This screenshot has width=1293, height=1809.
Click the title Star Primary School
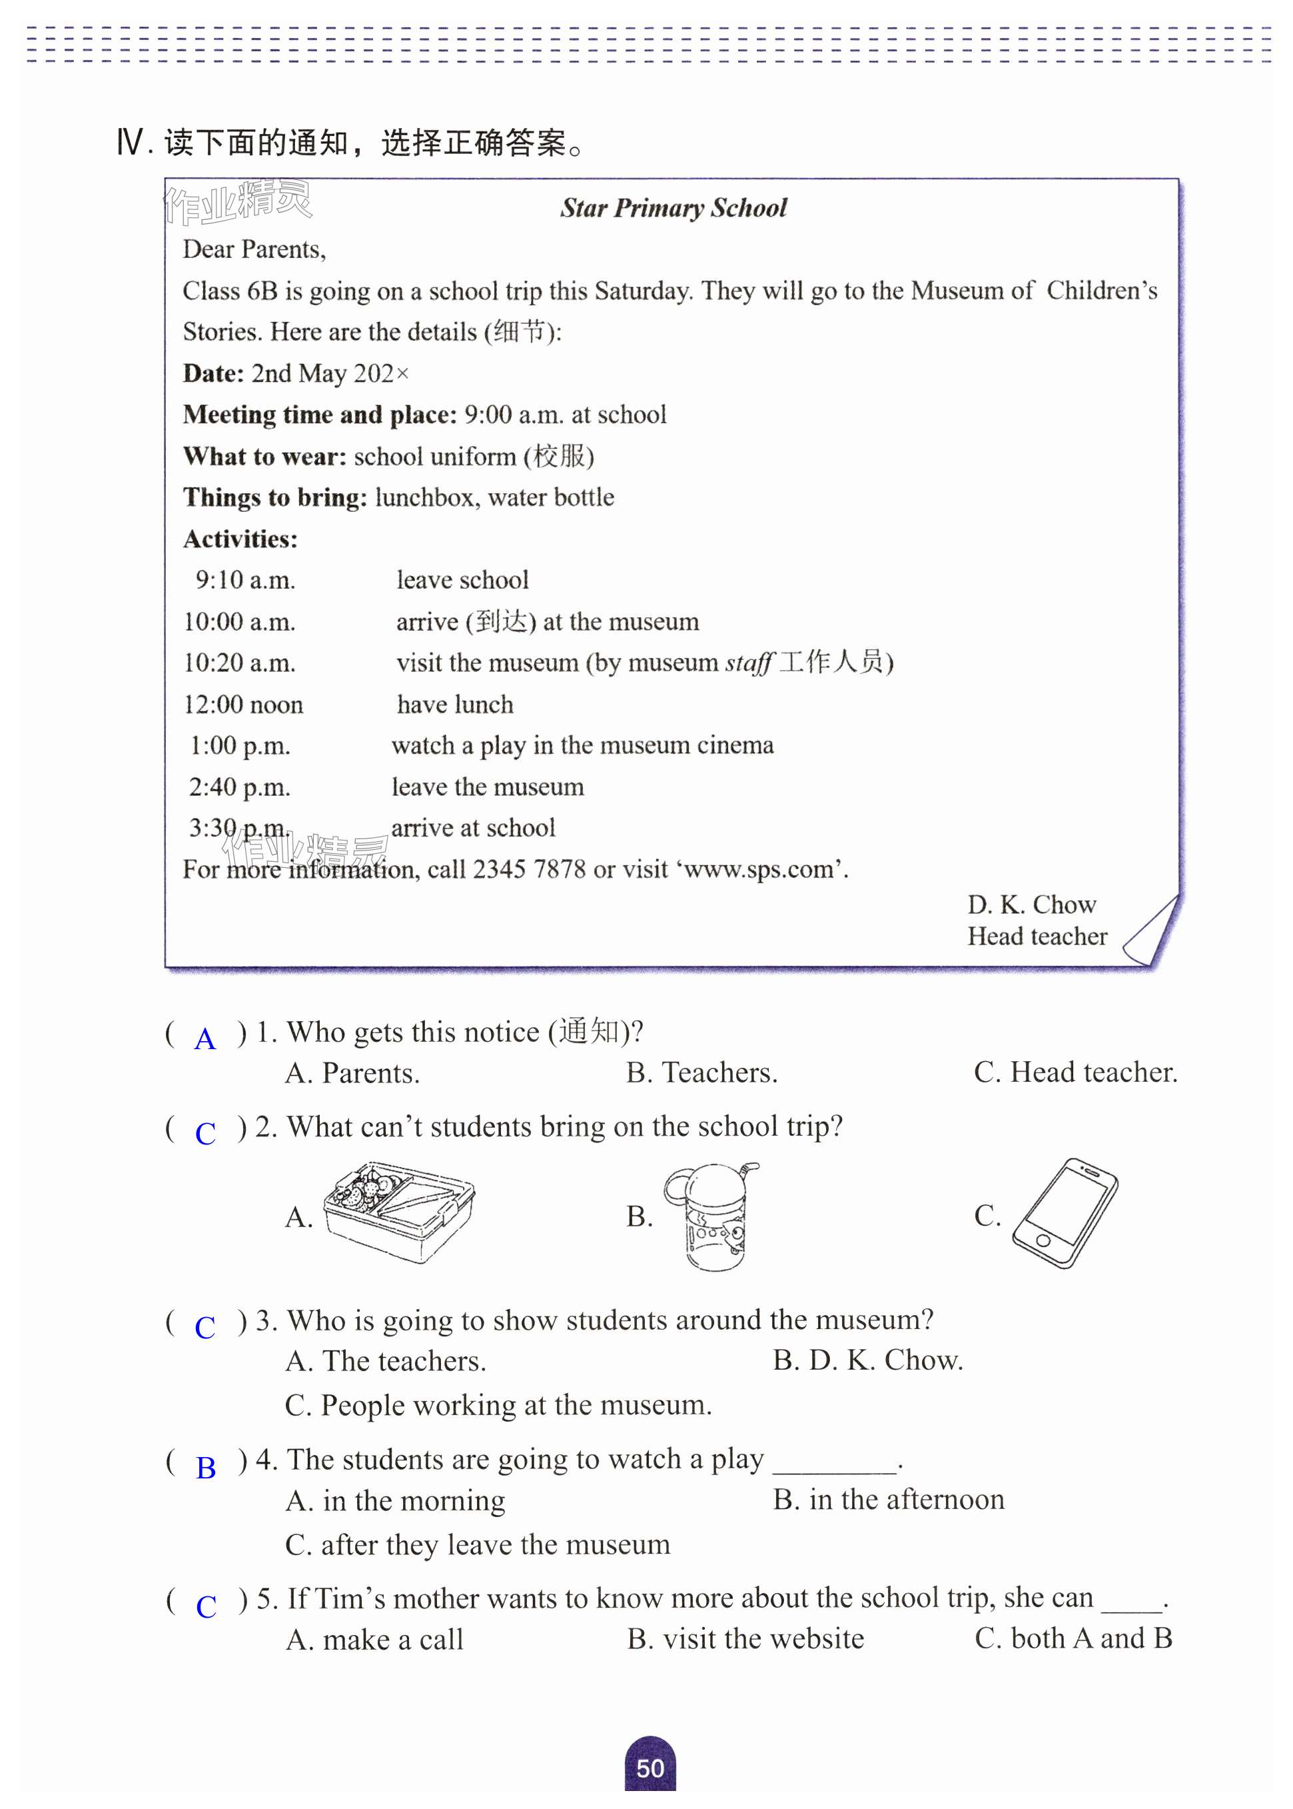click(673, 208)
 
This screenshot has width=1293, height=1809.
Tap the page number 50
click(649, 1768)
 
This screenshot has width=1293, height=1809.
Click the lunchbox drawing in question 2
click(399, 1212)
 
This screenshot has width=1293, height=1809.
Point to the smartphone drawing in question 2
click(1065, 1212)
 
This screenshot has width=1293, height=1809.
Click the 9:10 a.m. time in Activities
click(245, 581)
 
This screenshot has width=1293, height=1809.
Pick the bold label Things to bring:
click(274, 498)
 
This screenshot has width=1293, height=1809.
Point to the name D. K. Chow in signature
click(1031, 905)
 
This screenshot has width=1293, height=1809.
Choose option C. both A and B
click(1073, 1638)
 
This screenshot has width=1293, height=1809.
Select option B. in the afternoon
click(889, 1500)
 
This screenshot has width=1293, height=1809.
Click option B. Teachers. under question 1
click(701, 1073)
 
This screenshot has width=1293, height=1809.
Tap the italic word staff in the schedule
click(748, 663)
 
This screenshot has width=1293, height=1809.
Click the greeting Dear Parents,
click(254, 249)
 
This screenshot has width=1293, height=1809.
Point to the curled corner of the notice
click(1151, 934)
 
